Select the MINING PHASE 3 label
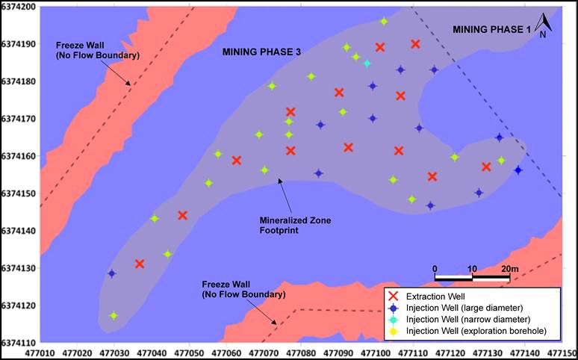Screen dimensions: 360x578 click(261, 52)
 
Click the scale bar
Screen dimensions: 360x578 click(472, 278)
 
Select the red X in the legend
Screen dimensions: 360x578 click(393, 297)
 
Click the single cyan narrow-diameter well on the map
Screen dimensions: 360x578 click(367, 63)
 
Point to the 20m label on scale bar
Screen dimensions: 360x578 click(510, 268)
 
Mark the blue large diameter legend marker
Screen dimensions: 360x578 click(393, 308)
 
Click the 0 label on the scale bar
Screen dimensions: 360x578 click(435, 268)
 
